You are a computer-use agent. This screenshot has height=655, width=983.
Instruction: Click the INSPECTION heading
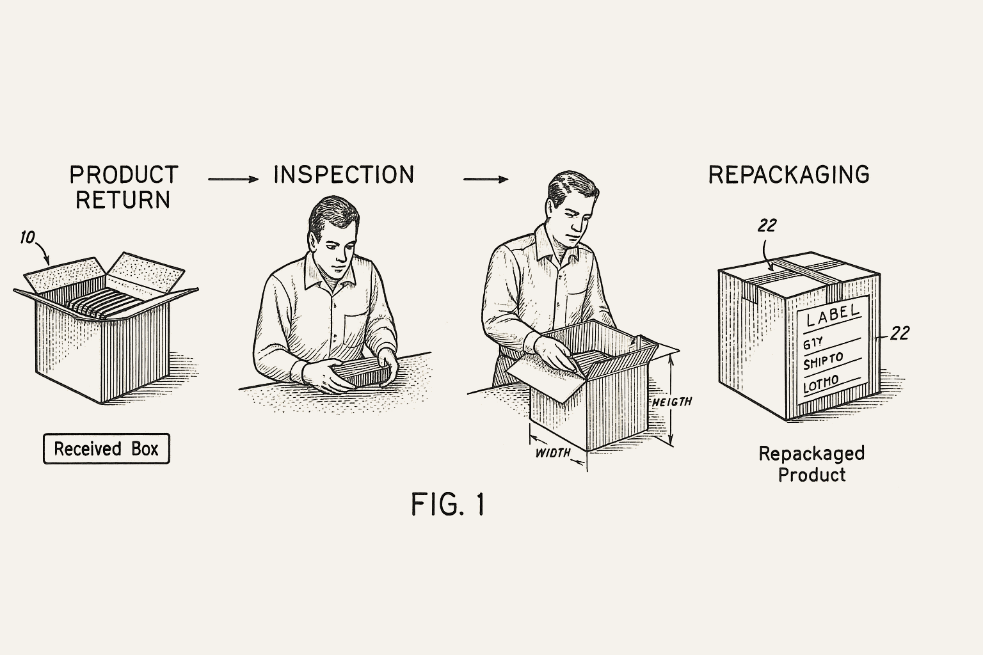[x=344, y=175]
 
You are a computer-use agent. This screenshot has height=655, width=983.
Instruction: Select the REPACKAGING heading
[x=788, y=175]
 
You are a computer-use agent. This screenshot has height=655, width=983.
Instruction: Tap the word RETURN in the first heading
[x=123, y=200]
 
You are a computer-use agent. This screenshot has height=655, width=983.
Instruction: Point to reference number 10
[x=27, y=238]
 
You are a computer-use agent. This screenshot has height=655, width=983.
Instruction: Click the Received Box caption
[x=106, y=448]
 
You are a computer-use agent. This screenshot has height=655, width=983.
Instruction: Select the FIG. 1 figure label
[x=447, y=505]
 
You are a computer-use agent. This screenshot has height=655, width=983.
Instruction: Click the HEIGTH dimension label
[x=672, y=402]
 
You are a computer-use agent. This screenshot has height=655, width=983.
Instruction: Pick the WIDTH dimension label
[x=552, y=453]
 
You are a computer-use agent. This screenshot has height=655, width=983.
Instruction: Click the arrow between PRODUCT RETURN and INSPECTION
[x=233, y=179]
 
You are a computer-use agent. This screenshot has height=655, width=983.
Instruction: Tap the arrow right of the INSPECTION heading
[x=485, y=179]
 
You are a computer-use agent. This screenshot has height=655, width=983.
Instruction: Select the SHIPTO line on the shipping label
[x=823, y=361]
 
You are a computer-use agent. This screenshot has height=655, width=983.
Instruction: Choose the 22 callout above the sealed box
[x=767, y=225]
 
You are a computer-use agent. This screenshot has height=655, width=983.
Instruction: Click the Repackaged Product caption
[x=811, y=464]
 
